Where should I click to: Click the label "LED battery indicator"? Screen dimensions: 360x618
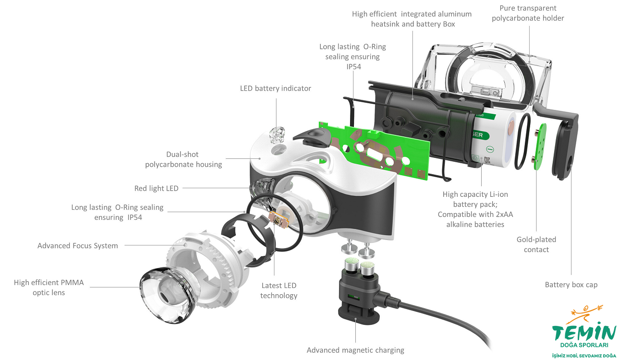276,88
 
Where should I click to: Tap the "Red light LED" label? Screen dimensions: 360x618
156,188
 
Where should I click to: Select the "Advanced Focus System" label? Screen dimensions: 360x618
77,246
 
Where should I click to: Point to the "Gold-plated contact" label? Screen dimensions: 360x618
536,244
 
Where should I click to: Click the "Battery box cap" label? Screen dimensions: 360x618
571,285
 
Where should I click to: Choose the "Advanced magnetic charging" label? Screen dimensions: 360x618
355,350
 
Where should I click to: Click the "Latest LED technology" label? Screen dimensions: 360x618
279,290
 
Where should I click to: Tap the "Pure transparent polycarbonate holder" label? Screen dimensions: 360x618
532,13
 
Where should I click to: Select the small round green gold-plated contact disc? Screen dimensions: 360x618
541,146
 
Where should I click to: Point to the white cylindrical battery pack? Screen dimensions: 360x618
495,139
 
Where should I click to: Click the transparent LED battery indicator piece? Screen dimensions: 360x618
277,135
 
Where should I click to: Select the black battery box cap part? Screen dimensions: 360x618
564,144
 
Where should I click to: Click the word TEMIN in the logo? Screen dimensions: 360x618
583,333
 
